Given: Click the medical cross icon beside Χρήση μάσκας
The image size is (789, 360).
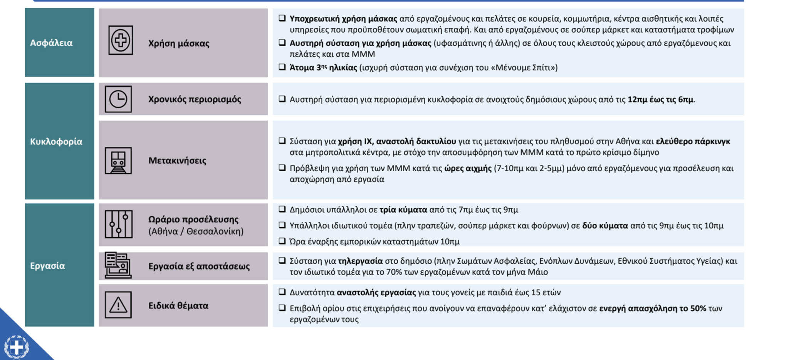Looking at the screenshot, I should [x=121, y=40].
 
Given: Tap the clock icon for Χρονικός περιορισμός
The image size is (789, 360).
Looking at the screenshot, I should [x=118, y=99].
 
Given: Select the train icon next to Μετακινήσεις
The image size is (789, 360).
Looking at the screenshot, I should [x=118, y=161].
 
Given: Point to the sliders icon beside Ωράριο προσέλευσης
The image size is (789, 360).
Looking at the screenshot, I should [x=119, y=224].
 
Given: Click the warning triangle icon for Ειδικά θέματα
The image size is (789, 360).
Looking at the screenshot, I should [x=118, y=305].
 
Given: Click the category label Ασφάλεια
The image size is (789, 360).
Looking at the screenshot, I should [x=51, y=43].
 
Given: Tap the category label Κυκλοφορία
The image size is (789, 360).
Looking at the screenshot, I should [x=56, y=142].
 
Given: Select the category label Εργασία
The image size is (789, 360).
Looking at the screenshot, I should [x=47, y=266].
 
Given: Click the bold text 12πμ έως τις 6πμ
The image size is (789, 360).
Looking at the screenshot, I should [x=660, y=100].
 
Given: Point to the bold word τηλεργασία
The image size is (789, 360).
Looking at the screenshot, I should [x=360, y=261].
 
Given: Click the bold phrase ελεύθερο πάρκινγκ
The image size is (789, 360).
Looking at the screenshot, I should [x=693, y=141].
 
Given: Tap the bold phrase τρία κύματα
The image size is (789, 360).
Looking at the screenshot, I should [x=403, y=210].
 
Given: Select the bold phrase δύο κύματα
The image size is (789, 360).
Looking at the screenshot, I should [x=605, y=226].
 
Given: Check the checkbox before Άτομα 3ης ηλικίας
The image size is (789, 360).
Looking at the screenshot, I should [x=282, y=67].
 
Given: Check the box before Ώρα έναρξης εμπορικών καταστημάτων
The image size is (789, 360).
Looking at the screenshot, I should [x=282, y=241].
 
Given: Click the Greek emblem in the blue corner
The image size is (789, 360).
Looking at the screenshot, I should [x=16, y=347].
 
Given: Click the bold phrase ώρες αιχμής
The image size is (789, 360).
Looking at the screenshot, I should [x=468, y=168].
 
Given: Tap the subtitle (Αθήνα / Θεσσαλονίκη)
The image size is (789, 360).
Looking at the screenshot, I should [x=196, y=231].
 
